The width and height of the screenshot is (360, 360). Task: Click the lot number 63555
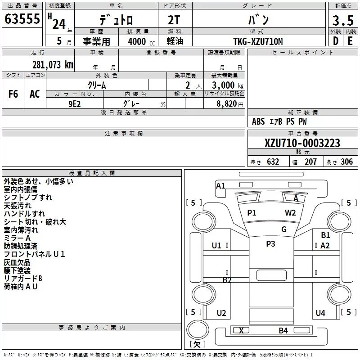(22, 19)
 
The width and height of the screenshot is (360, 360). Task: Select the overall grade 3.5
(343, 20)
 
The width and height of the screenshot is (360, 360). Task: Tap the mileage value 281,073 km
(53, 65)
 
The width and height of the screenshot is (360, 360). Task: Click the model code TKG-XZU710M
(258, 41)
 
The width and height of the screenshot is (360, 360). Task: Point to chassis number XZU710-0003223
(302, 143)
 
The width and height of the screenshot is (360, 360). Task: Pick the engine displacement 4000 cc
(141, 41)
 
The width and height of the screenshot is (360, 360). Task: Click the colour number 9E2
(75, 104)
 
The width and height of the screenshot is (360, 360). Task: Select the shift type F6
(13, 94)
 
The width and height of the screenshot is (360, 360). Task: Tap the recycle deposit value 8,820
(227, 104)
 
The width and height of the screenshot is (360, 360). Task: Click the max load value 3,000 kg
(228, 85)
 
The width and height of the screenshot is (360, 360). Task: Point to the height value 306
(346, 162)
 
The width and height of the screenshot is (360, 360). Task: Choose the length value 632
(273, 162)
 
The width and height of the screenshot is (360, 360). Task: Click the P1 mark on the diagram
(252, 213)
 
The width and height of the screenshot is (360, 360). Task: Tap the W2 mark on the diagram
(290, 213)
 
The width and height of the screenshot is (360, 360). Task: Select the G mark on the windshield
(284, 229)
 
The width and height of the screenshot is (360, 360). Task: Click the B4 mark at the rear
(283, 331)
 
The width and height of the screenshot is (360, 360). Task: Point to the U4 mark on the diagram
(320, 313)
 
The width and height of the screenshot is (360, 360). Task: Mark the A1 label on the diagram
(220, 185)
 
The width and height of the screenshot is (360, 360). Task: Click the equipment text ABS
(258, 121)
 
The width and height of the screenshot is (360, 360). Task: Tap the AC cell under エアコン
(35, 94)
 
